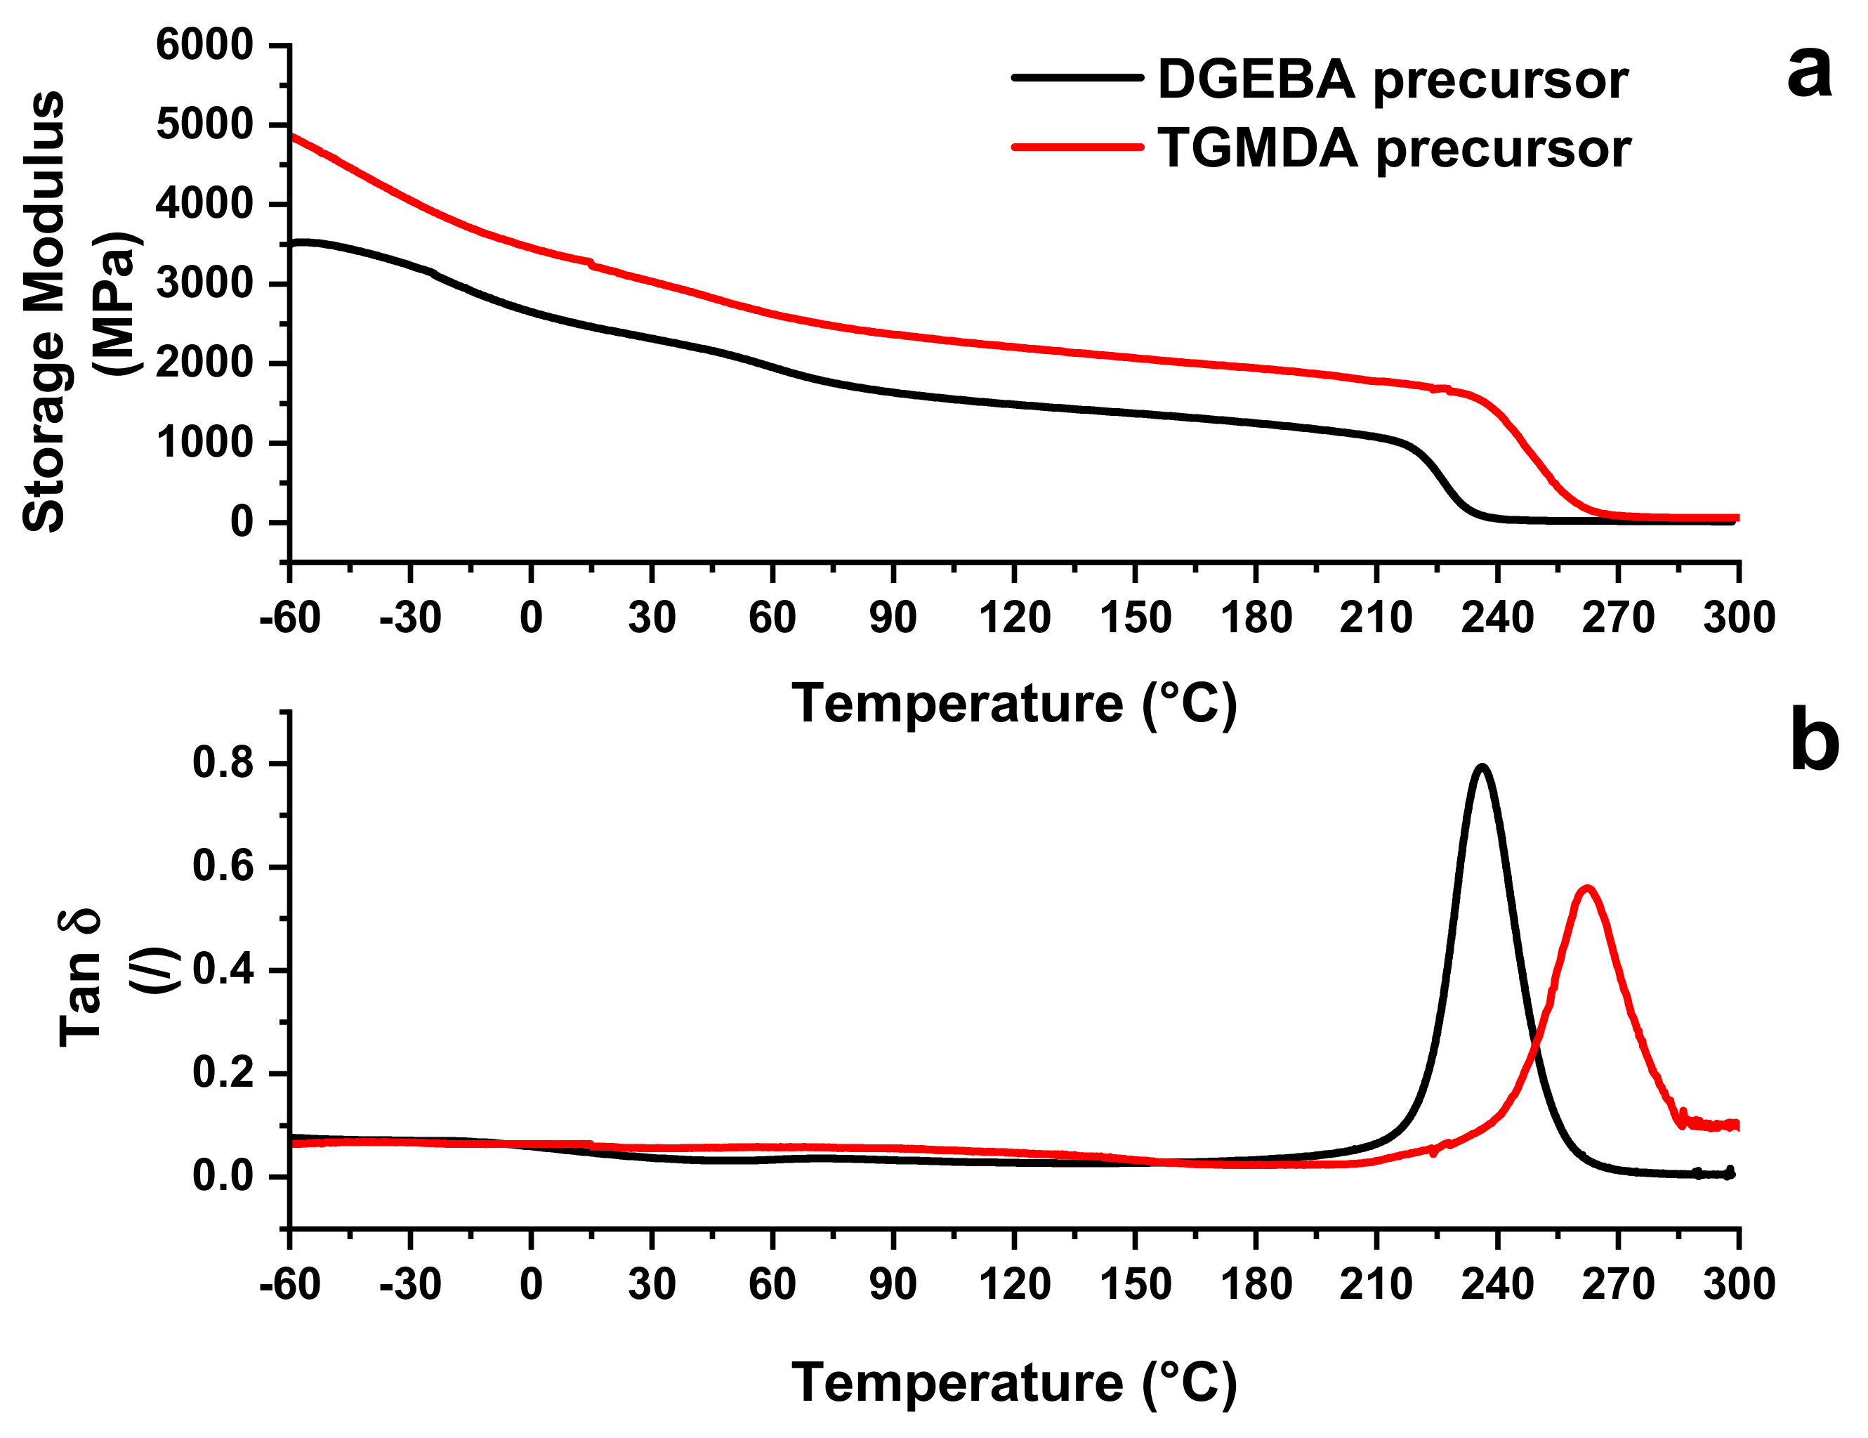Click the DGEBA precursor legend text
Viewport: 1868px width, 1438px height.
click(1392, 79)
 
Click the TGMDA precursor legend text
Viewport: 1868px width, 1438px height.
click(1393, 148)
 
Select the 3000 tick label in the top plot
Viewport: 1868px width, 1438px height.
click(204, 283)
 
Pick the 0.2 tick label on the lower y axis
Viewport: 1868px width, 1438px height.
click(223, 1073)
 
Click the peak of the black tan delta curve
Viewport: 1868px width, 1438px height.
click(1482, 767)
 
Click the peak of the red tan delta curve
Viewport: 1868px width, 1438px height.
click(1588, 888)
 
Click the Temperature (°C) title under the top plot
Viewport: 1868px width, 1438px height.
click(1013, 704)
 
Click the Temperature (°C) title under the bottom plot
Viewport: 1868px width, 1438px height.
click(1013, 1383)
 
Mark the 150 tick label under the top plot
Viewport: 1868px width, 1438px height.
click(1135, 617)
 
